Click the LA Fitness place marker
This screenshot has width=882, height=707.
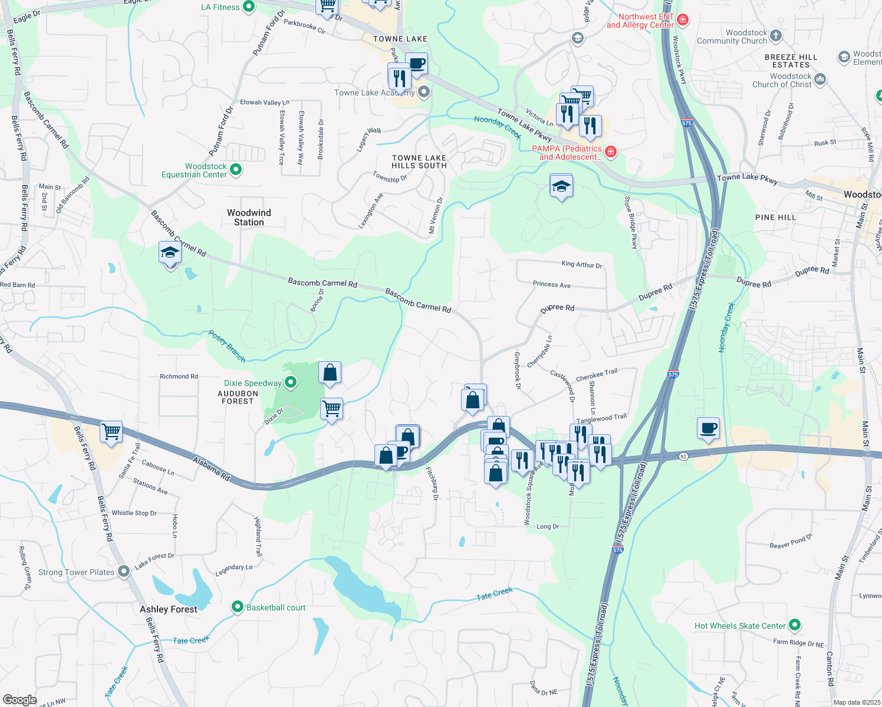pos(249,7)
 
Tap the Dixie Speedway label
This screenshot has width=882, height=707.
pos(253,383)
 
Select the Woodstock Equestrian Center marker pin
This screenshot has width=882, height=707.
pos(236,170)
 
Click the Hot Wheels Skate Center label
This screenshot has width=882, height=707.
pos(740,626)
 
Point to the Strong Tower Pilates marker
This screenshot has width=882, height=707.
pos(124,571)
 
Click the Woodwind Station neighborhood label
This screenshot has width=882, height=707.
pos(249,217)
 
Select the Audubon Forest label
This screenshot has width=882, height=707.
pos(238,397)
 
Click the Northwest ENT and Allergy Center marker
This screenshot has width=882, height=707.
pos(683,20)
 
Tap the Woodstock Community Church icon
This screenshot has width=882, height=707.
pos(776,36)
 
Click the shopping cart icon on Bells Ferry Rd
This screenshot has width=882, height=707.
pos(111,432)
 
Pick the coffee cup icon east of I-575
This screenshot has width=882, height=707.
pos(708,428)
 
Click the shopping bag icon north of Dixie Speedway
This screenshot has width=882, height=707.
pos(330,372)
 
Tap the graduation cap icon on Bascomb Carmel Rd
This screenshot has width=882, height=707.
pos(170,253)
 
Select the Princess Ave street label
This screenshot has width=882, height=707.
pos(551,284)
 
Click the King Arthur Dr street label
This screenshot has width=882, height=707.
pos(582,265)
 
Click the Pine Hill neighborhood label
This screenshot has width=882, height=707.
pos(775,217)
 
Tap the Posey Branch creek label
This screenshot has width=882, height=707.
pos(227,346)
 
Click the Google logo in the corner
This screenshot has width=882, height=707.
pos(19,699)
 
